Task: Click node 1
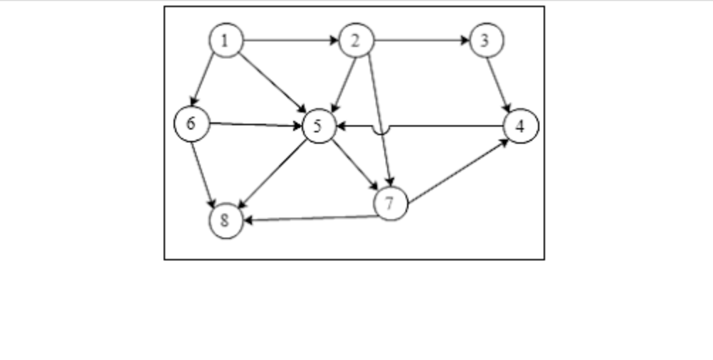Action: [226, 41]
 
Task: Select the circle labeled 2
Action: [356, 41]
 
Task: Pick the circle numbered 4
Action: [521, 127]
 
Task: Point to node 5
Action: [319, 127]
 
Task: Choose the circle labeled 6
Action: [191, 124]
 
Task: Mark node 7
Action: [390, 204]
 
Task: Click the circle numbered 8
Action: [226, 221]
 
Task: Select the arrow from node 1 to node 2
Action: [290, 41]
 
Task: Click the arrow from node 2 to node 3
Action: [421, 41]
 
